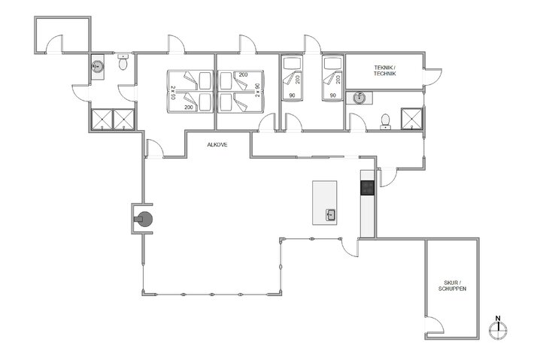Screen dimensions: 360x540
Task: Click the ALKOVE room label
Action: (217, 144)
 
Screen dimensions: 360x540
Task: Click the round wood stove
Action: (144, 219)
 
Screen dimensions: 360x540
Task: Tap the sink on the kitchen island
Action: (330, 215)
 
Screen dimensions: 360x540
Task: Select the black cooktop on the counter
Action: (367, 187)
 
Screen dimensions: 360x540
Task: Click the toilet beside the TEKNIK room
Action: (386, 121)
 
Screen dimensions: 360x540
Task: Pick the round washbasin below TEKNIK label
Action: (359, 97)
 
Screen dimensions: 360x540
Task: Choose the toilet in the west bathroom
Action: (123, 64)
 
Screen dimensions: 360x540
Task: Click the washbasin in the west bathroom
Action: (96, 66)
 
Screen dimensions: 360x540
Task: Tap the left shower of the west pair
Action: (101, 119)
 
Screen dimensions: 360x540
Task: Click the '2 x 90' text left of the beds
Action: (173, 93)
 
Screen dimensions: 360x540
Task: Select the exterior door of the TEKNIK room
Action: (432, 76)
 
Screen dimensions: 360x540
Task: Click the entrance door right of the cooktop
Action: (387, 177)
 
